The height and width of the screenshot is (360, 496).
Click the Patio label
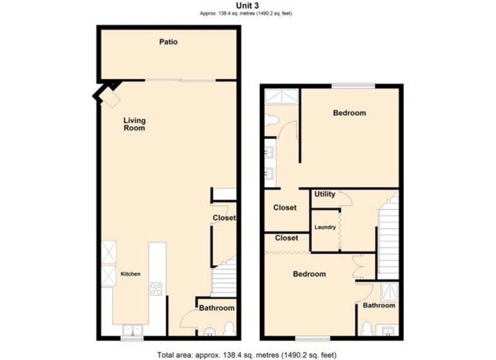tap(169, 42)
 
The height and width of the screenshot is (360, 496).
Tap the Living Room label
tap(134, 124)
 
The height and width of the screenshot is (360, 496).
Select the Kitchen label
tap(131, 274)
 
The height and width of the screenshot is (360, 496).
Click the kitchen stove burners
tap(156, 289)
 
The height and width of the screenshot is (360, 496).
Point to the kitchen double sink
tap(133, 330)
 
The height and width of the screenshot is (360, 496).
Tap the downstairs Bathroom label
tap(217, 308)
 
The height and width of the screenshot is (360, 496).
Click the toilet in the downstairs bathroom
tap(229, 328)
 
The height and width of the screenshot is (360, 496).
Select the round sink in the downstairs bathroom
tap(210, 332)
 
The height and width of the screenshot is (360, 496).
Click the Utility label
tap(324, 194)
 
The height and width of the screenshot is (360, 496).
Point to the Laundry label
tap(325, 228)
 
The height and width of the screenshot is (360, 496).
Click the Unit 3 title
tap(248, 5)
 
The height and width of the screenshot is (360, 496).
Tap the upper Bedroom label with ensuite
tap(349, 113)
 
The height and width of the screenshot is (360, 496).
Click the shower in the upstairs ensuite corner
tap(282, 96)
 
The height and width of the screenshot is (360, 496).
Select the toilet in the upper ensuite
tap(272, 120)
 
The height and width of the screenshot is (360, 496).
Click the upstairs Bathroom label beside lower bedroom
tap(379, 305)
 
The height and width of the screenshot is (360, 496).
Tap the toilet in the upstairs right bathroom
tap(367, 328)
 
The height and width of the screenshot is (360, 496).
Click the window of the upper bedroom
tap(353, 85)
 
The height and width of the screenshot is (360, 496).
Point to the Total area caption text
tap(247, 355)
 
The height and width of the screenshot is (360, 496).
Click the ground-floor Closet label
tap(224, 218)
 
